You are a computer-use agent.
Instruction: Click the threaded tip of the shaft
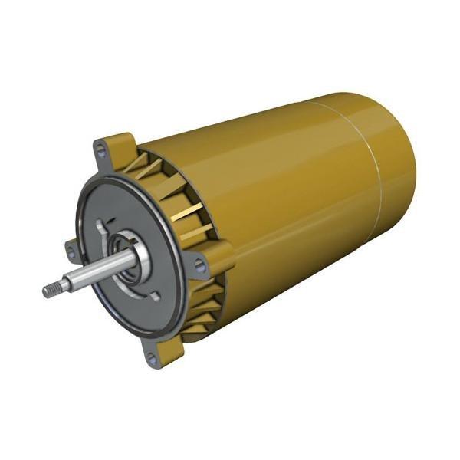[51, 291]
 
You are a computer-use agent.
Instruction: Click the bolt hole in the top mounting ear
[99, 148]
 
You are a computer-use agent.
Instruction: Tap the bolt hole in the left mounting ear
[70, 247]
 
